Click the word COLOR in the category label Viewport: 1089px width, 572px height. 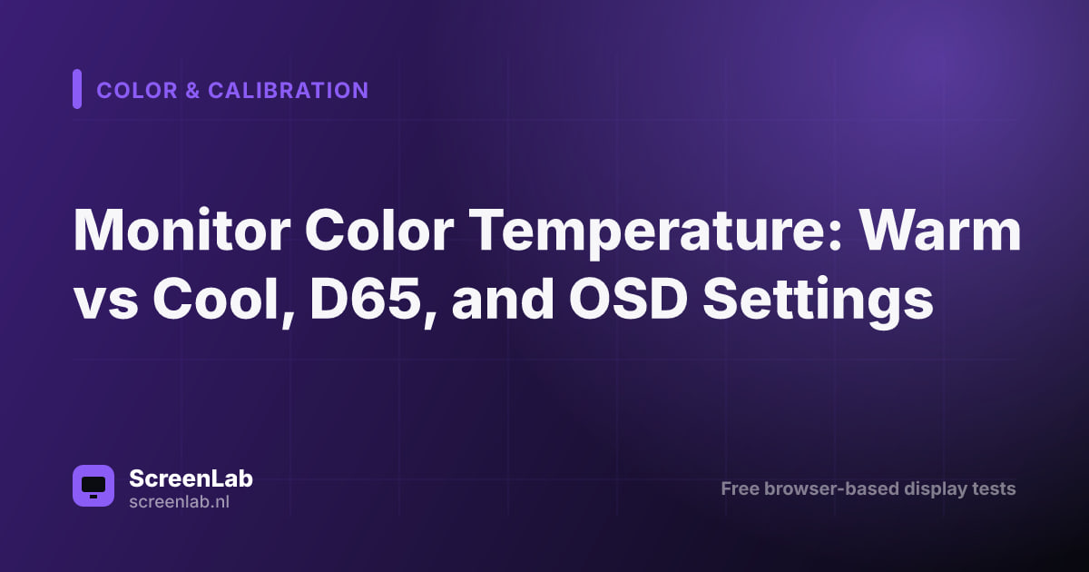coord(137,91)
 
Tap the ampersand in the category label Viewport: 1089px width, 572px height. coord(192,91)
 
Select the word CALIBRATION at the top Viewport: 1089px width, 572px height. coord(289,91)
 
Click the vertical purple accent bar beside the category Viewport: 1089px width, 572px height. coord(77,89)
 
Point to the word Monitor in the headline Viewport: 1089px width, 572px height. coord(181,230)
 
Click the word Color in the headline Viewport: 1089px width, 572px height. coord(379,230)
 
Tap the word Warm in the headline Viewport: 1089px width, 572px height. coord(939,230)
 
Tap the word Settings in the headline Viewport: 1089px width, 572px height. coord(818,301)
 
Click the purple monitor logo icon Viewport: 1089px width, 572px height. coord(93,486)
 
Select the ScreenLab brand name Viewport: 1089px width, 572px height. coord(191,478)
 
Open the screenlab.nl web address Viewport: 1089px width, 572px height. coord(179,502)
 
